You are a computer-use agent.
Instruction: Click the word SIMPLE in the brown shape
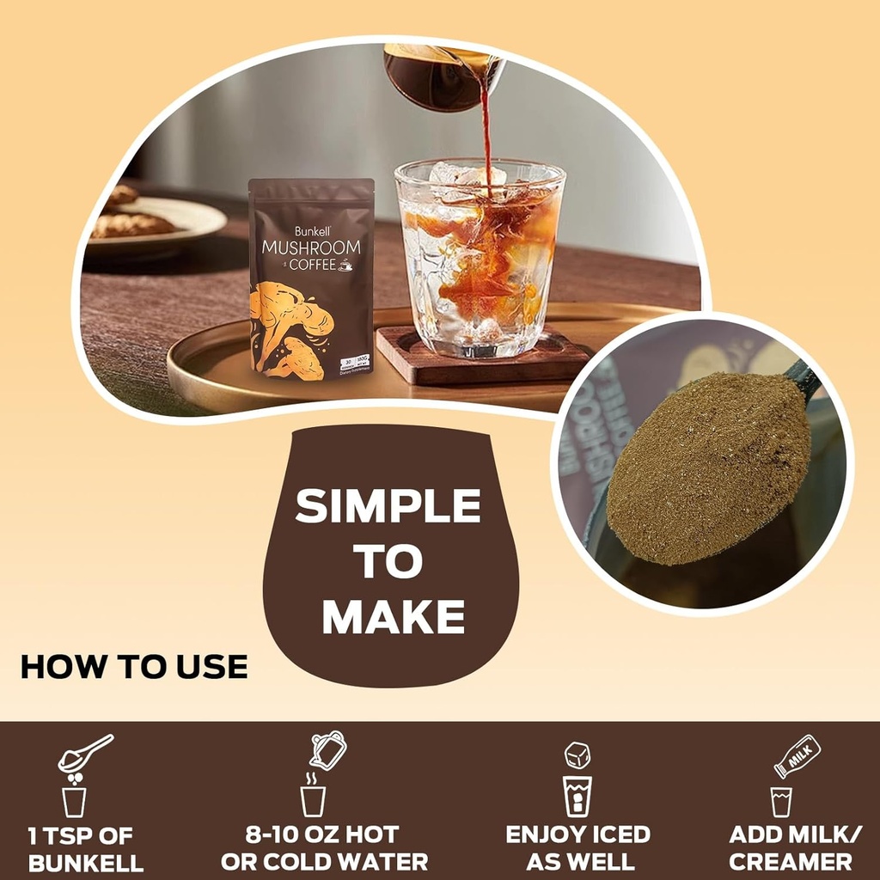(x=388, y=507)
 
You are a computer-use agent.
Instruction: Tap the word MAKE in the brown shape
(x=394, y=616)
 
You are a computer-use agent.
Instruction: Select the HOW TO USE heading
(x=134, y=667)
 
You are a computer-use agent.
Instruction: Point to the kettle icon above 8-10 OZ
(x=327, y=750)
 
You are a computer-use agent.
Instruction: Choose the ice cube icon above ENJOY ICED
(x=577, y=755)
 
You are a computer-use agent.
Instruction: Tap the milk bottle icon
(x=797, y=756)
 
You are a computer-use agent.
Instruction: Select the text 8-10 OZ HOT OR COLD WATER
(x=324, y=848)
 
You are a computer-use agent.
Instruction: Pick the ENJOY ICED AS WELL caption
(x=577, y=848)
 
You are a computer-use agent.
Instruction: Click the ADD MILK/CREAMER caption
(x=790, y=848)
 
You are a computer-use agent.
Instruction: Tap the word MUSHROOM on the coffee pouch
(x=311, y=247)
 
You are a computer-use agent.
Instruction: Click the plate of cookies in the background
(x=150, y=221)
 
